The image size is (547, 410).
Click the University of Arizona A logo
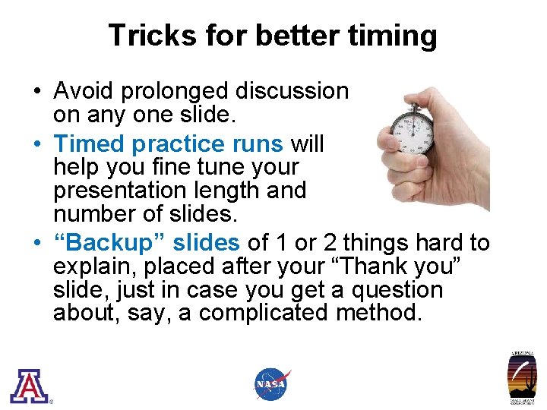29,385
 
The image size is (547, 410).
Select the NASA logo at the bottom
272,384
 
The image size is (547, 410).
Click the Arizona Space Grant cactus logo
522,378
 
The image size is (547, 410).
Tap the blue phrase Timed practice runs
169,143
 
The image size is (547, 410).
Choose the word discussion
292,91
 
